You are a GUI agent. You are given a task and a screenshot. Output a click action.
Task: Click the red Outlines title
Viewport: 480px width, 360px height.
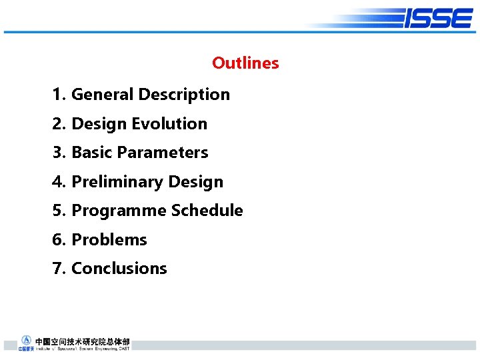pos(245,63)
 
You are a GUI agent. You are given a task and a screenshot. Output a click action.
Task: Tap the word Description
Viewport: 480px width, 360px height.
pos(184,95)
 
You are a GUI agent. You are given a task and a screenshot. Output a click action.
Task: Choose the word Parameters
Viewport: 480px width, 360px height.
pos(162,153)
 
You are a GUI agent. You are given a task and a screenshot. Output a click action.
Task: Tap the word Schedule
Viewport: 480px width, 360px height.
pos(207,211)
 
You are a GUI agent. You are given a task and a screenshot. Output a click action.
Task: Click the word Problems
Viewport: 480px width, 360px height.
pos(109,239)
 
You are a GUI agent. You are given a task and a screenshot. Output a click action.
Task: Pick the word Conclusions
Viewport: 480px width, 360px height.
pos(119,269)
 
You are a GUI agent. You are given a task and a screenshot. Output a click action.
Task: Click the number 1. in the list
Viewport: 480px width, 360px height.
pos(59,95)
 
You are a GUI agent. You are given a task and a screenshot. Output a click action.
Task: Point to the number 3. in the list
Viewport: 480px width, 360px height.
pos(59,153)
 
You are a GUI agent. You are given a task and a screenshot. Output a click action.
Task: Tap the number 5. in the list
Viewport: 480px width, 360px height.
pos(59,211)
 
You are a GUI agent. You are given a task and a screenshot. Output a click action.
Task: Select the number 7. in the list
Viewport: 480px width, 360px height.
pos(59,269)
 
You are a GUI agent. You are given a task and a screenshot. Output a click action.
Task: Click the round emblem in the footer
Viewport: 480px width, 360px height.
pos(26,340)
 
